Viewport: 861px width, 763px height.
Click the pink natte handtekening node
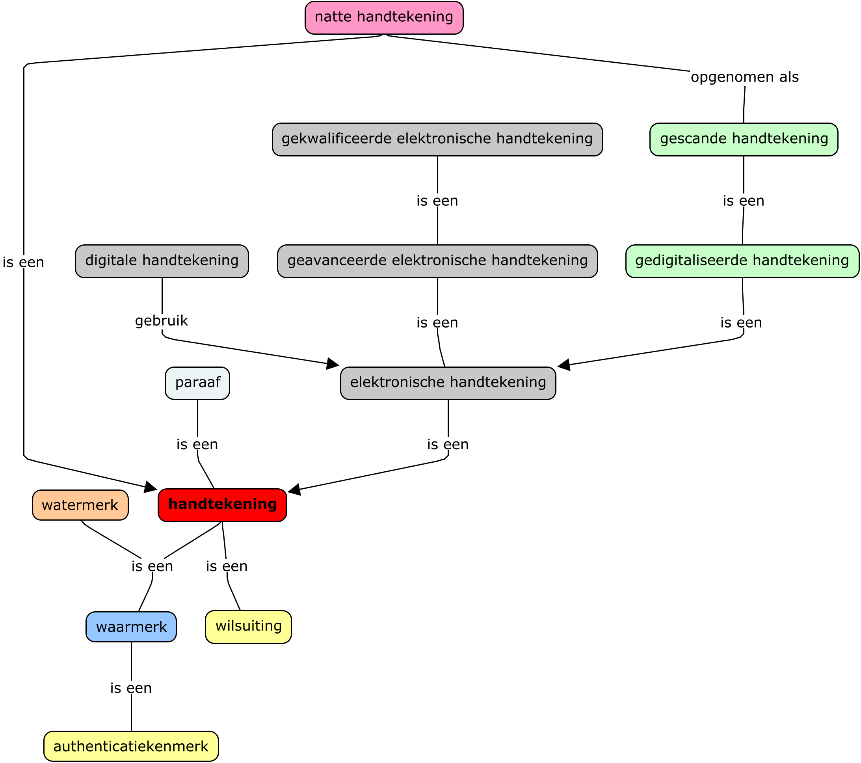[384, 18]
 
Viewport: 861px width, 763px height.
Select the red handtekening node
[222, 505]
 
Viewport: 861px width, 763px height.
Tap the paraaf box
[197, 383]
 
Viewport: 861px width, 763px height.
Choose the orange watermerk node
[80, 505]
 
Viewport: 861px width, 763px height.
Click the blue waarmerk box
[131, 627]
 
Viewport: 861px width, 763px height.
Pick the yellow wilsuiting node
[249, 627]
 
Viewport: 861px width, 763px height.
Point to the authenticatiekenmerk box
[131, 746]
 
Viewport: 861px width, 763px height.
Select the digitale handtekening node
[162, 261]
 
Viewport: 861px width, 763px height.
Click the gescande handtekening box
[744, 140]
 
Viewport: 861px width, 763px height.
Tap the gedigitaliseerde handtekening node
[742, 261]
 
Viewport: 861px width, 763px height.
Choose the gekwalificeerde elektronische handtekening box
[437, 140]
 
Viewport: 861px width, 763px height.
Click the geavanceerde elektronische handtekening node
[437, 261]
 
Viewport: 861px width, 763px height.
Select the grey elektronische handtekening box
[448, 383]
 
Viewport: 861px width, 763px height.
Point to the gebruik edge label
[161, 321]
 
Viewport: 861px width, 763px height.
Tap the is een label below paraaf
[197, 445]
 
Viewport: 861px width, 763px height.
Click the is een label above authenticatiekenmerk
[130, 688]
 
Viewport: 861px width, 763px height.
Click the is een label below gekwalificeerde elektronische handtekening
[437, 201]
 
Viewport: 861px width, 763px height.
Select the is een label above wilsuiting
[227, 566]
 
